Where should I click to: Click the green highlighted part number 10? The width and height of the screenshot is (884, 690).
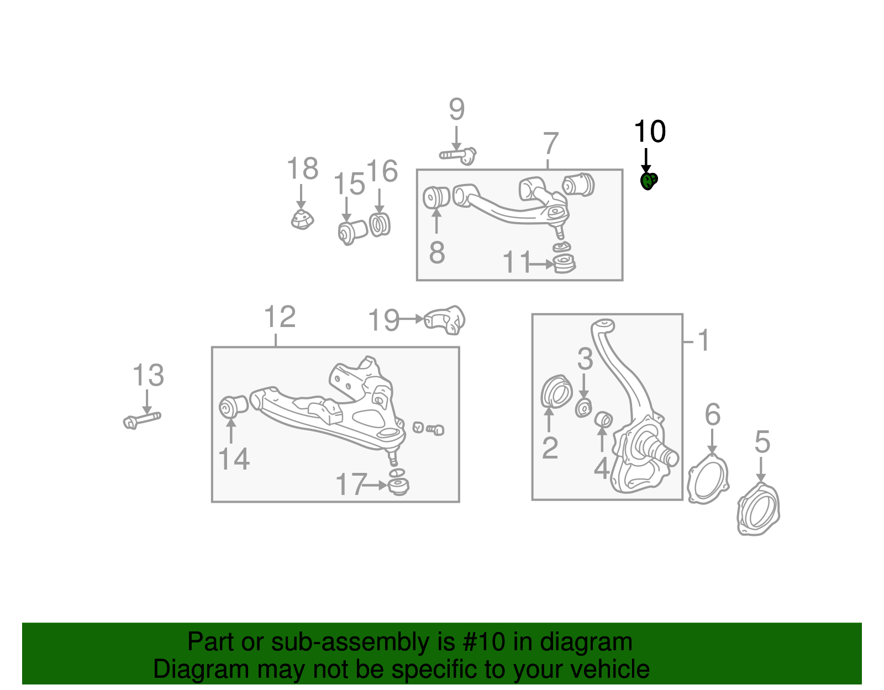coord(648,181)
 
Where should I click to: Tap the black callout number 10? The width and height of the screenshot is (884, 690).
coord(650,132)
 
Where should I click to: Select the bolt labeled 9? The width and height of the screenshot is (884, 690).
coord(458,155)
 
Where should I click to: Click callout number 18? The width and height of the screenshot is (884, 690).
coord(302,168)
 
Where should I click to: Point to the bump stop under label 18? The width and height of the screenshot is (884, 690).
coord(302,220)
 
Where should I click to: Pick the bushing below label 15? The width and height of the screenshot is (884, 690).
coord(352,231)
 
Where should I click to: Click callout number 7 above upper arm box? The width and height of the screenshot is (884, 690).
coord(550,144)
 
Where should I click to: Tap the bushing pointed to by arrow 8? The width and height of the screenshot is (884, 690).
coord(436,197)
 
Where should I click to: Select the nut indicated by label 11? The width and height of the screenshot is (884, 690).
coord(564,264)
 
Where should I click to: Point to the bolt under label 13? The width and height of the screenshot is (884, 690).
coord(142,420)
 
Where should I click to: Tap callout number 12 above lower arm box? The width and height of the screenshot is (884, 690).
coord(280,317)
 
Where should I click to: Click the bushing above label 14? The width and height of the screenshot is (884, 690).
coord(233,407)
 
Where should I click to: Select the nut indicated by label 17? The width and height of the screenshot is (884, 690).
coord(398,486)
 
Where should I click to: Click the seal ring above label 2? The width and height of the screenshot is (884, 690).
coord(556,392)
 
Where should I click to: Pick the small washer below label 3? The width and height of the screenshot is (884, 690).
coord(583,408)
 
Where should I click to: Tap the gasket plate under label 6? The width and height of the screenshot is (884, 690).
coord(708,479)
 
